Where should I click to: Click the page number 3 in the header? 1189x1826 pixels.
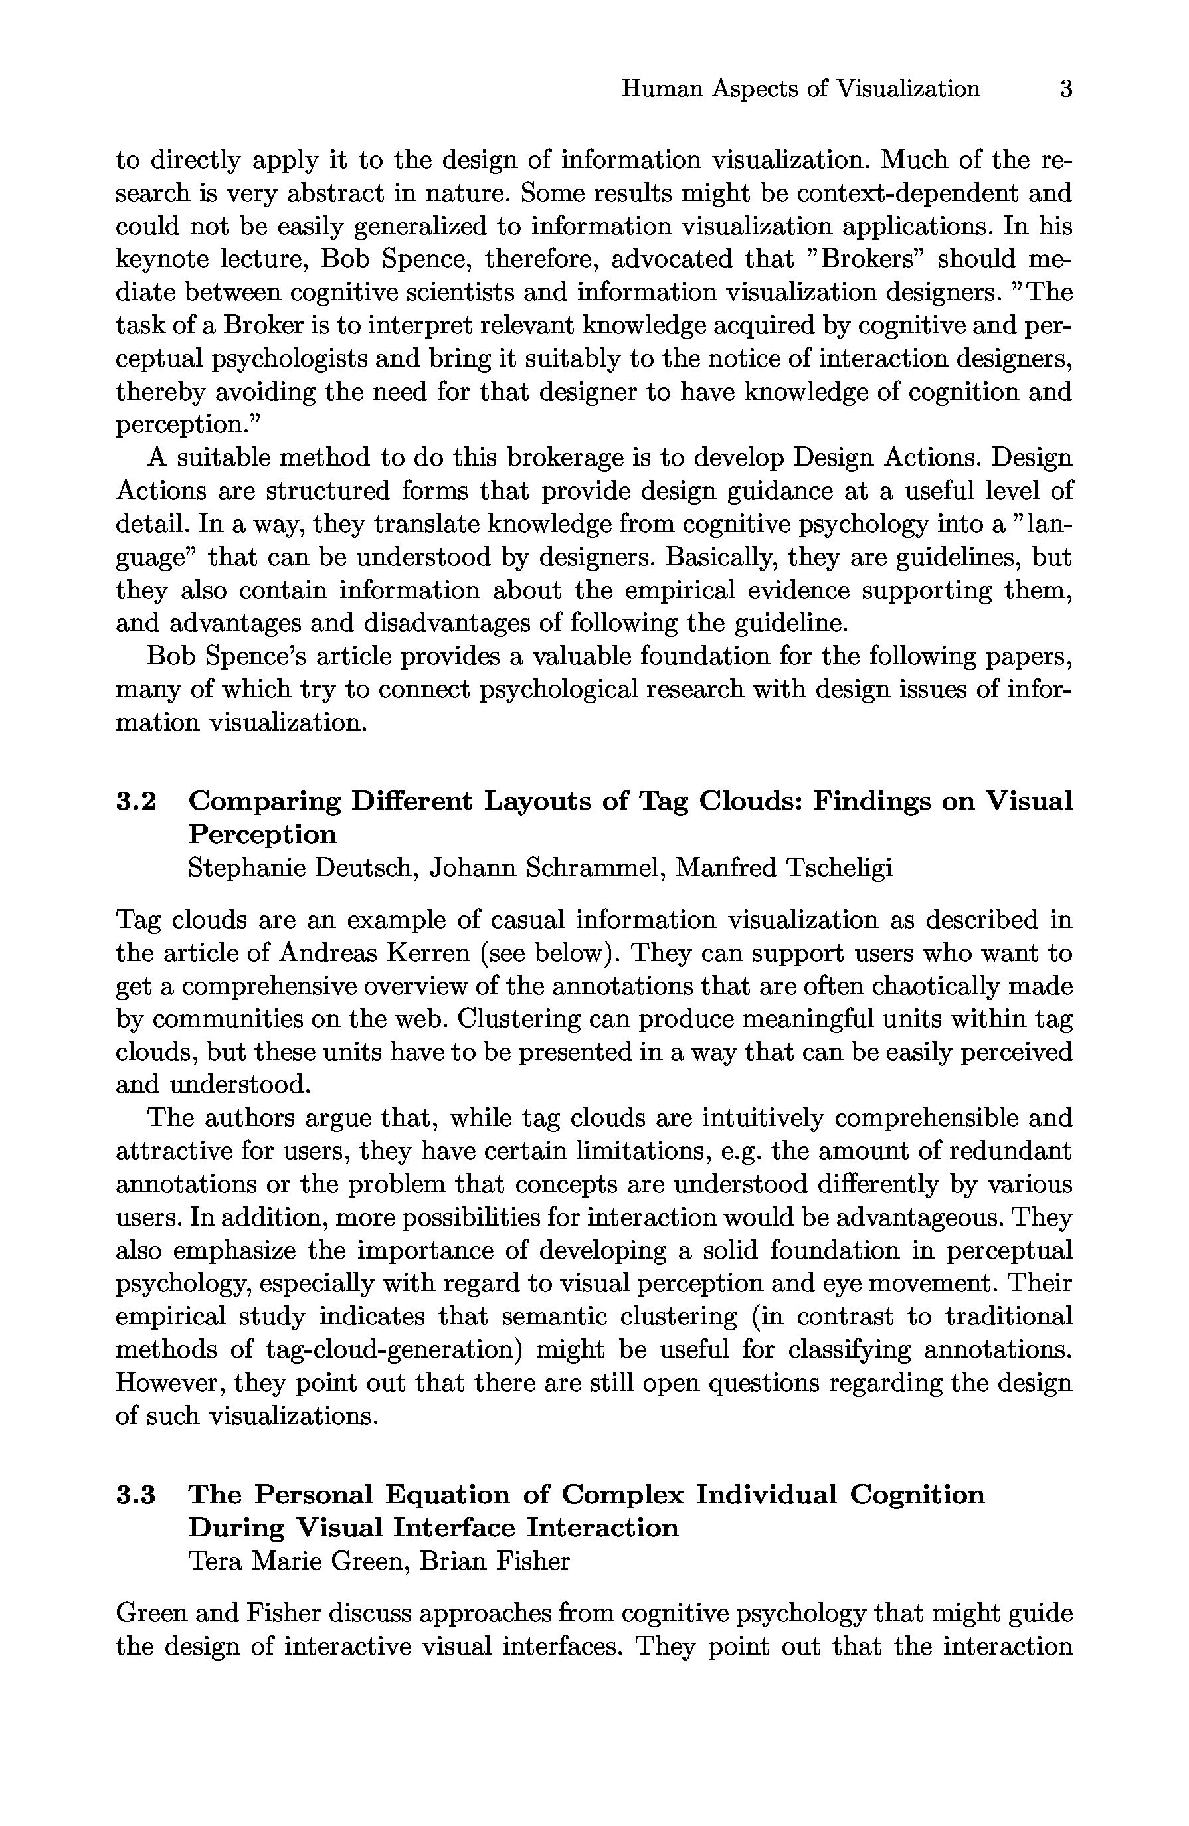click(1065, 89)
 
